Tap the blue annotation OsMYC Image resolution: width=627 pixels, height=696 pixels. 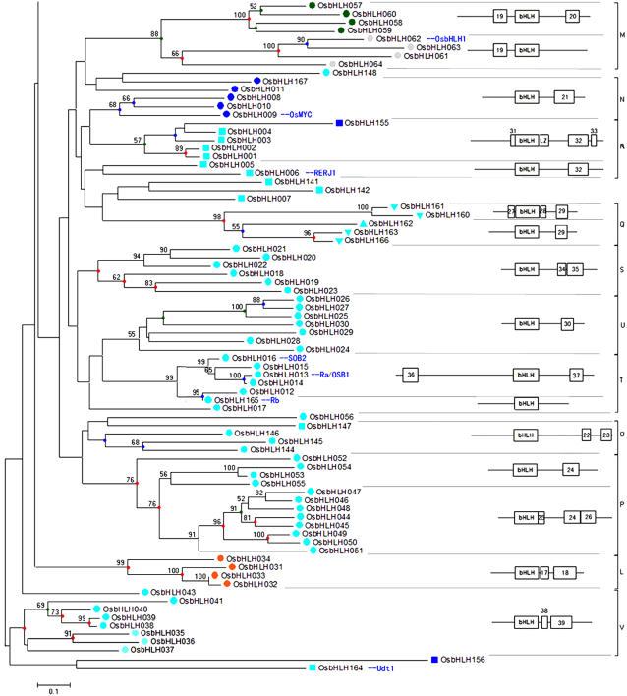298,115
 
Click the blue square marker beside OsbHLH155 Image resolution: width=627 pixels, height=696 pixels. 339,123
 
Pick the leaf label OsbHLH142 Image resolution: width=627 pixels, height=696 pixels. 348,190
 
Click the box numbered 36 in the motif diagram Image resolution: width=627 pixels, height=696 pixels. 411,375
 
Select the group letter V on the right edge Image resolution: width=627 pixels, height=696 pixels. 620,621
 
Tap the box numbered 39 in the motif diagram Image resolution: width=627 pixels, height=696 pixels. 560,623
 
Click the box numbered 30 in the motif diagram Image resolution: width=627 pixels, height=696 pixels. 567,323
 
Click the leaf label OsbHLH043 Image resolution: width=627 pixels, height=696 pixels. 173,592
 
